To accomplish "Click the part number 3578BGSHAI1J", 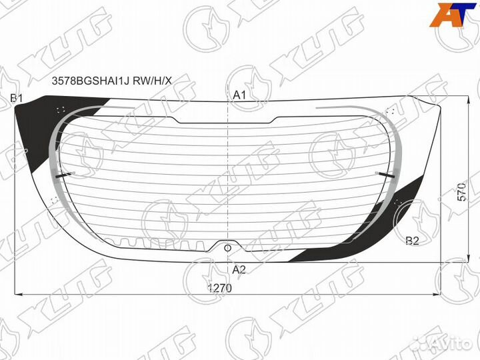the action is (91, 81).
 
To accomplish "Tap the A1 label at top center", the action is (239, 95).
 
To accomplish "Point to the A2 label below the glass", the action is (239, 270).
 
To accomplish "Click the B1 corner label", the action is (16, 98).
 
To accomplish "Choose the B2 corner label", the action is (412, 241).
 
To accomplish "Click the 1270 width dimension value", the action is (220, 288).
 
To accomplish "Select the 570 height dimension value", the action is (462, 191).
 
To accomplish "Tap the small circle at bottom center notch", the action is (227, 248).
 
